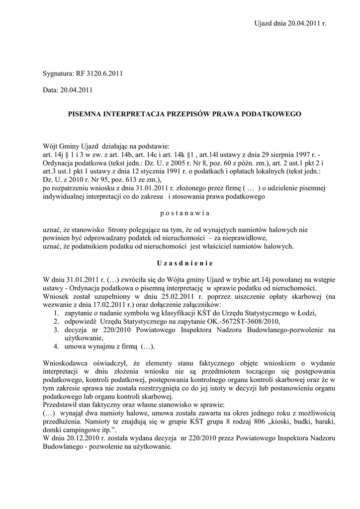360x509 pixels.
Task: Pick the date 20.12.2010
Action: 89,438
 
